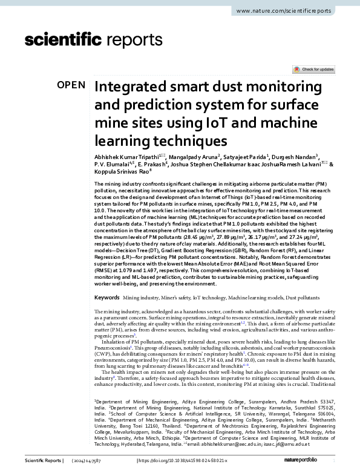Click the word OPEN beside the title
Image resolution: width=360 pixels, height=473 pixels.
(x=71, y=85)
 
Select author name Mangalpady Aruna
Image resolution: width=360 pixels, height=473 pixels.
(x=180, y=157)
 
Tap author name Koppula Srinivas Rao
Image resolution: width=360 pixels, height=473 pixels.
(x=119, y=171)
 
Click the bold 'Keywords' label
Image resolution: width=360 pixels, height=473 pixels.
(x=106, y=298)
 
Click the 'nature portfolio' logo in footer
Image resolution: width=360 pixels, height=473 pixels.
(x=314, y=462)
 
